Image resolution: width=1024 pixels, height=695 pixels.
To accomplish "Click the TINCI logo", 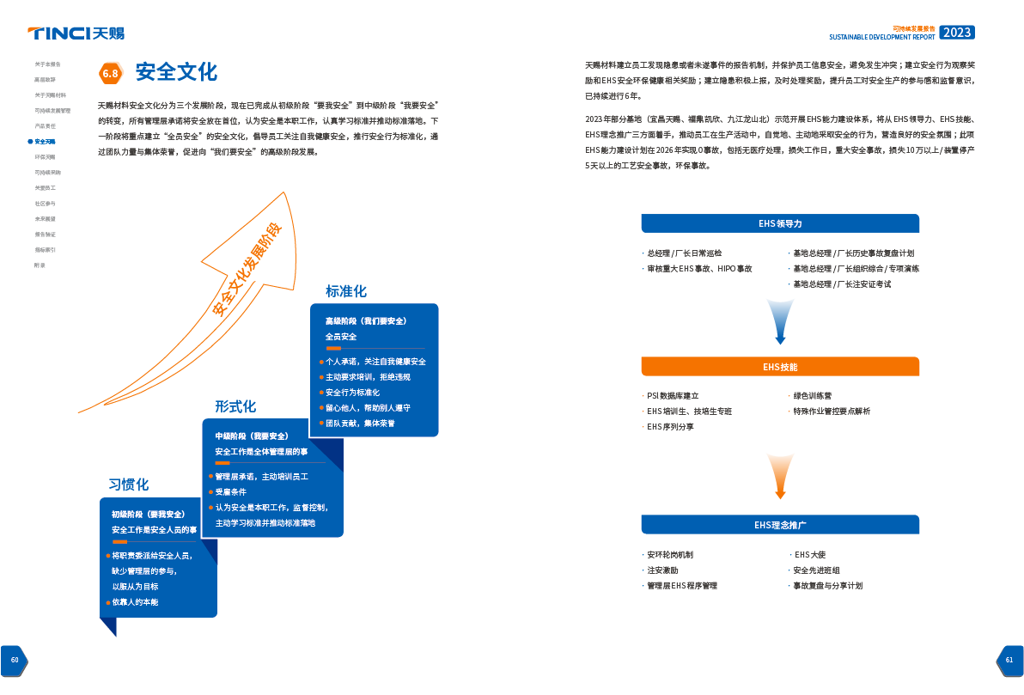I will pos(76,34).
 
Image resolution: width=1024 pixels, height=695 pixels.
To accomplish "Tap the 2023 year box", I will pos(956,33).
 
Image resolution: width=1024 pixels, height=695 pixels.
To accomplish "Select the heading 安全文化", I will pos(177,72).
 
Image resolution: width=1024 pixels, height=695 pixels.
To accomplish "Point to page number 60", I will pos(15,660).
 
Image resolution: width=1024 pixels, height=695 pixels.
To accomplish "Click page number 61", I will pos(1009,660).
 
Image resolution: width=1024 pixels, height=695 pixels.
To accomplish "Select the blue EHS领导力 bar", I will pos(780,223).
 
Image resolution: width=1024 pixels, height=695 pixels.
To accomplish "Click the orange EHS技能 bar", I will pos(780,367).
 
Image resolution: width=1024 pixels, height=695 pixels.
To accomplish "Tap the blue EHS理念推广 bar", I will pos(780,524).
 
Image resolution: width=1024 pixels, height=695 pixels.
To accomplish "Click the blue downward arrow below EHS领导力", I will pos(780,320).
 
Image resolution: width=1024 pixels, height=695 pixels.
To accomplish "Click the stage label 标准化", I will pos(345,291).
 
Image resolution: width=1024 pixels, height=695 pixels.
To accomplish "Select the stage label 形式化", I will pos(235,406).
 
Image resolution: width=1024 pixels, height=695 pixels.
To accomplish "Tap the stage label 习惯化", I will pos(129,485).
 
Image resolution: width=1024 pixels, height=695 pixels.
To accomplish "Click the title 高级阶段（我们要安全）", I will pos(365,320).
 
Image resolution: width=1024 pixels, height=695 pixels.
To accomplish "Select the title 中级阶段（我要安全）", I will pos(252,436).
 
